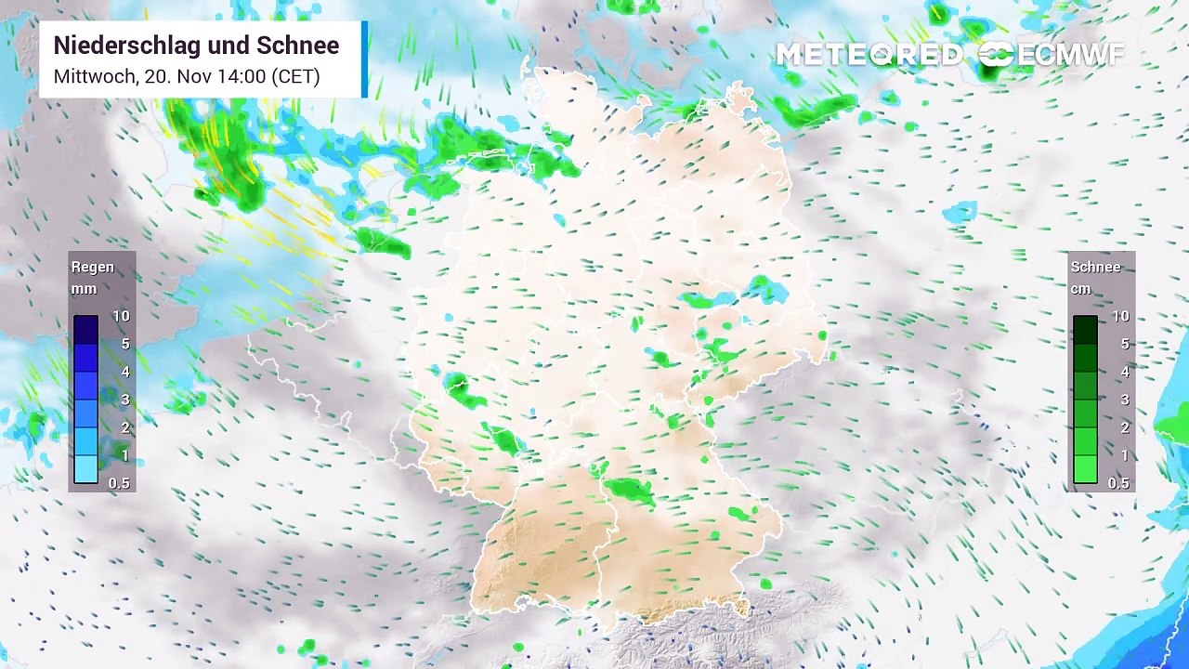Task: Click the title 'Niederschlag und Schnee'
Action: pos(196,46)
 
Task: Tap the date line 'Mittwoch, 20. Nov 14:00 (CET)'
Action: pos(187,76)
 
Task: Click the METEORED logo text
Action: pos(869,55)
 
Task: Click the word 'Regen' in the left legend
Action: pos(93,267)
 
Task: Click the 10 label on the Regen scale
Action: pos(121,316)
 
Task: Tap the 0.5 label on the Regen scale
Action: pos(119,483)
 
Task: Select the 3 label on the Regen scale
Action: pos(124,400)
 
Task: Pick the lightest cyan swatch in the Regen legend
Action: pos(85,469)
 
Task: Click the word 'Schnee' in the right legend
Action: pos(1095,267)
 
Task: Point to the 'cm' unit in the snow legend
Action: pos(1080,289)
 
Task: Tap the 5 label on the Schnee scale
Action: pos(1125,344)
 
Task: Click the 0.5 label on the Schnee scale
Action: pos(1118,483)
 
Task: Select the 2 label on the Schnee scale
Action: pos(1125,427)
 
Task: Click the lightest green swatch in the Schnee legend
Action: pos(1085,469)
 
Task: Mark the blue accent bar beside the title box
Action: pos(364,59)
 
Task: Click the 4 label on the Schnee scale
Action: pos(1125,372)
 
